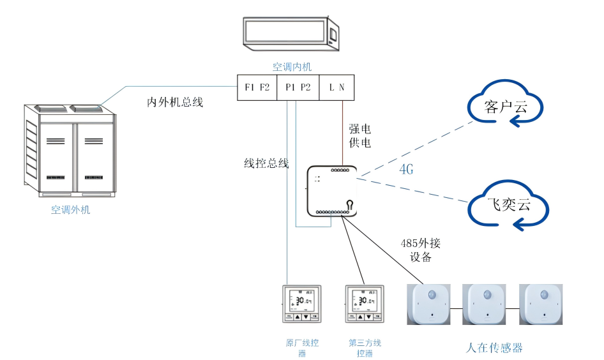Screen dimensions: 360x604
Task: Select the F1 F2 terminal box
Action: [257, 87]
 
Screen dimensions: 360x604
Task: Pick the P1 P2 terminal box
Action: [298, 87]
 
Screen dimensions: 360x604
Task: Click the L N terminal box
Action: [336, 87]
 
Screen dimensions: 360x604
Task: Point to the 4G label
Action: [407, 170]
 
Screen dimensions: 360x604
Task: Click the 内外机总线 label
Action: [175, 102]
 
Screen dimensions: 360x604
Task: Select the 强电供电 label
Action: [359, 136]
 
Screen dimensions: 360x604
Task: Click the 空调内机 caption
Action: [292, 66]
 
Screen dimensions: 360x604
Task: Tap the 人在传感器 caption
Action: [494, 348]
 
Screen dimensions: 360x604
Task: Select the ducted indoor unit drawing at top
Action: [292, 36]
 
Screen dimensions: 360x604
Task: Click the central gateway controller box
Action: [331, 191]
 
